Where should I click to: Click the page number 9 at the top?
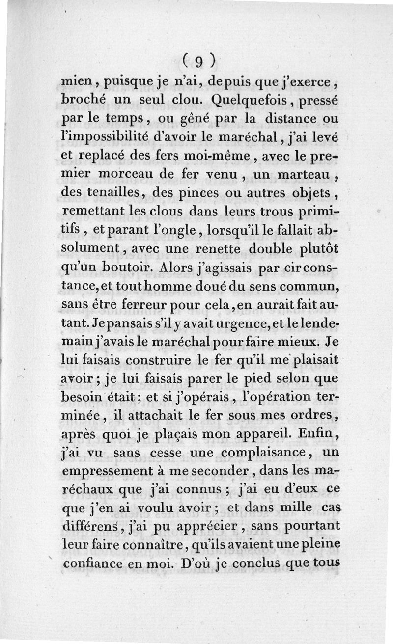click(198, 61)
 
